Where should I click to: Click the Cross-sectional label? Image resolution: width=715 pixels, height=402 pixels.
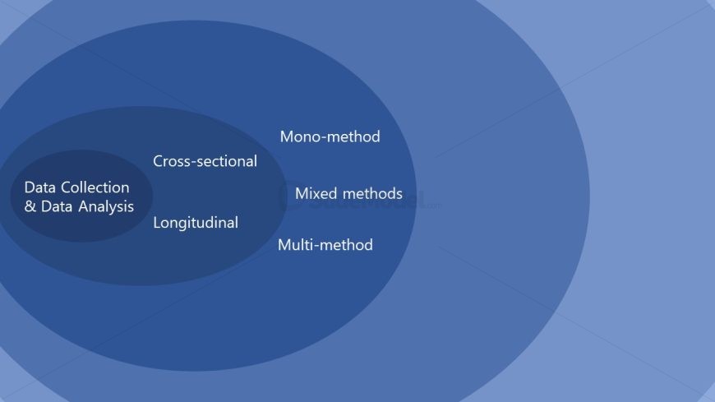coord(205,161)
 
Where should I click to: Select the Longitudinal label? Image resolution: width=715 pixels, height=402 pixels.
coord(196,223)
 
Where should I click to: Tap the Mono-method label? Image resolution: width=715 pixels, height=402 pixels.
coord(330,136)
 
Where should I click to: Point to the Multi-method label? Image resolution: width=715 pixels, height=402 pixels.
coord(325,245)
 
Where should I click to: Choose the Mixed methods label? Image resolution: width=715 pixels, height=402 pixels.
coord(348,194)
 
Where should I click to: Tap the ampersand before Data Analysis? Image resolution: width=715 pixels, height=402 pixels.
coord(30,206)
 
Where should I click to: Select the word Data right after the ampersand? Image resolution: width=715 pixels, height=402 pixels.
coord(57,206)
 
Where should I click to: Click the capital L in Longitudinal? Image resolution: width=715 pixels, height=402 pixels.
coord(157,223)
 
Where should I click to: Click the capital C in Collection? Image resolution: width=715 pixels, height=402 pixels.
coord(69,187)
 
